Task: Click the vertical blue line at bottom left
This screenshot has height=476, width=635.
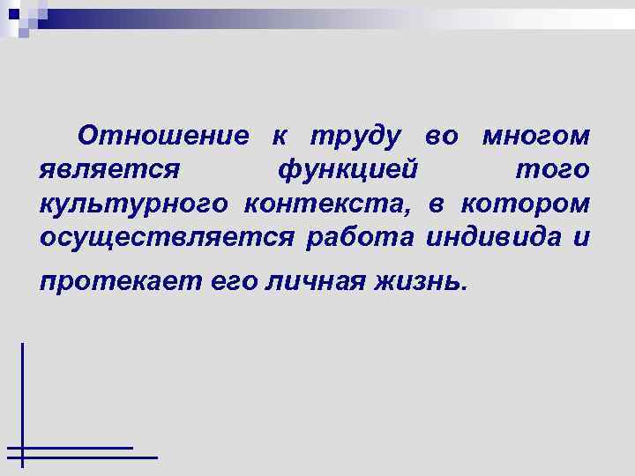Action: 23,397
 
